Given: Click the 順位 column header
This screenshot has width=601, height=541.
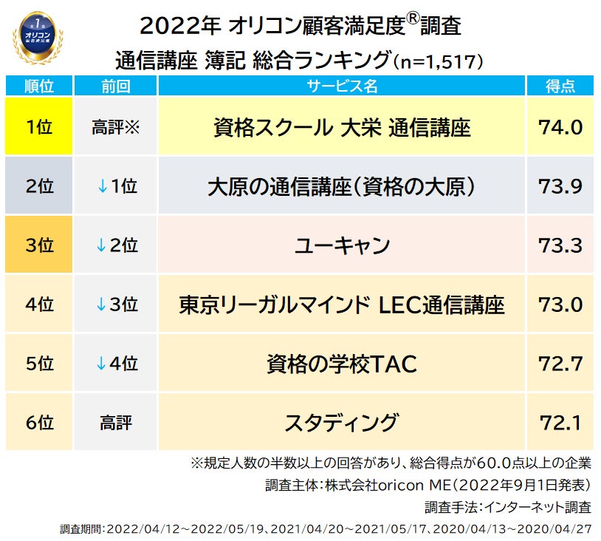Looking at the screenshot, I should coord(38,86).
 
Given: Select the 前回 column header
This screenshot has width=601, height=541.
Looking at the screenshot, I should coord(114,86).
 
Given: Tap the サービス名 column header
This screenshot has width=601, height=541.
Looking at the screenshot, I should coord(341,86).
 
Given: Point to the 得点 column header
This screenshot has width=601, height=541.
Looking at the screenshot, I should coord(560,86).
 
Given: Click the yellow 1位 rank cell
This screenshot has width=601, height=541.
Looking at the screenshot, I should coord(38,127).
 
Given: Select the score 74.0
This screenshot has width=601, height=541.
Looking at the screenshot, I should coord(560,127).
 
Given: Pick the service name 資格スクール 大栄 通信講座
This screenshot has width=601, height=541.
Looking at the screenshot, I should coord(341,127).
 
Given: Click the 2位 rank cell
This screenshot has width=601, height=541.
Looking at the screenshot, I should coord(38,186).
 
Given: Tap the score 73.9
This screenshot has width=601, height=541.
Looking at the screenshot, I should coord(560,186).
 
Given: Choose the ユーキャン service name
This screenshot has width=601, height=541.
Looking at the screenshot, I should coord(341,245).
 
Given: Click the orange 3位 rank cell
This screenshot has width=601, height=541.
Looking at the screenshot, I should coord(38,245).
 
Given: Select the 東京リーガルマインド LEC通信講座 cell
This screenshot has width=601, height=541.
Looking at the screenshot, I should coord(341,304).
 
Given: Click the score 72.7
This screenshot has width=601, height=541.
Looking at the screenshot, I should coord(560,364).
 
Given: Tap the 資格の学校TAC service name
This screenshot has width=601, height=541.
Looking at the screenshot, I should coord(341,364).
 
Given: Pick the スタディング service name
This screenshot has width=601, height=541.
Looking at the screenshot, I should coord(341,423).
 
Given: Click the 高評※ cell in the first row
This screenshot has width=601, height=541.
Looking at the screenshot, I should coord(114,127).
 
